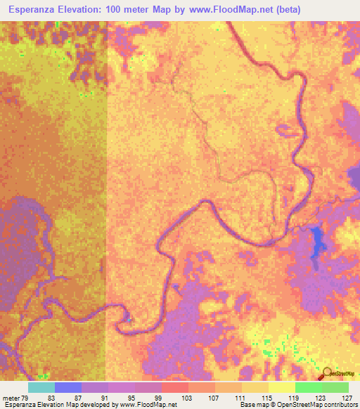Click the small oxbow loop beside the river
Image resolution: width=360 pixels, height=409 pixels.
[286, 129]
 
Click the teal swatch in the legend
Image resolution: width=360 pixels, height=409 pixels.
[41, 387]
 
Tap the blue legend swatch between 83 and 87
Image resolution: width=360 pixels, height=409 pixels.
[68, 387]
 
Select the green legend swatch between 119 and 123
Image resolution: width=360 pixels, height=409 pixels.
[308, 387]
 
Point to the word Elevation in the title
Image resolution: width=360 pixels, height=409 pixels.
[89, 10]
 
